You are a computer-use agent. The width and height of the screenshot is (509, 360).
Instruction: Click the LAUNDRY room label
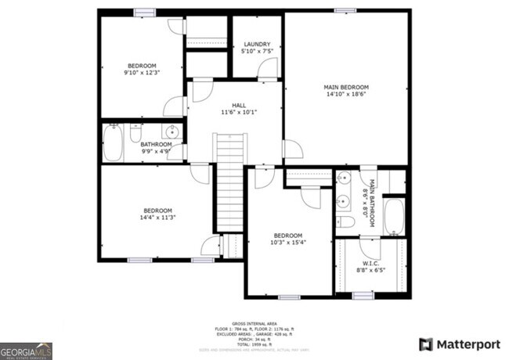(x=257, y=44)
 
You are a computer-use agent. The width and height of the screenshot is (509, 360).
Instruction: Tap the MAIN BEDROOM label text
(x=346, y=87)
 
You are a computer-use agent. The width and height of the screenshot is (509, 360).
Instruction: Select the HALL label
(x=239, y=105)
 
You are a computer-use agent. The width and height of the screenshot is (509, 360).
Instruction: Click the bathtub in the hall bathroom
(x=113, y=142)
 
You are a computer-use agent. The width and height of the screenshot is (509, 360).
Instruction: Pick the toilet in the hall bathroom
(x=135, y=131)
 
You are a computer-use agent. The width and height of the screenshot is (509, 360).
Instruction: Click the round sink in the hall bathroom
(x=171, y=132)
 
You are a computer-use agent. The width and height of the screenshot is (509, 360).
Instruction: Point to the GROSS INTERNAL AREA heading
(x=254, y=322)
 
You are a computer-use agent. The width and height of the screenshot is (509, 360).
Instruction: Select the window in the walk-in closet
(x=362, y=295)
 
